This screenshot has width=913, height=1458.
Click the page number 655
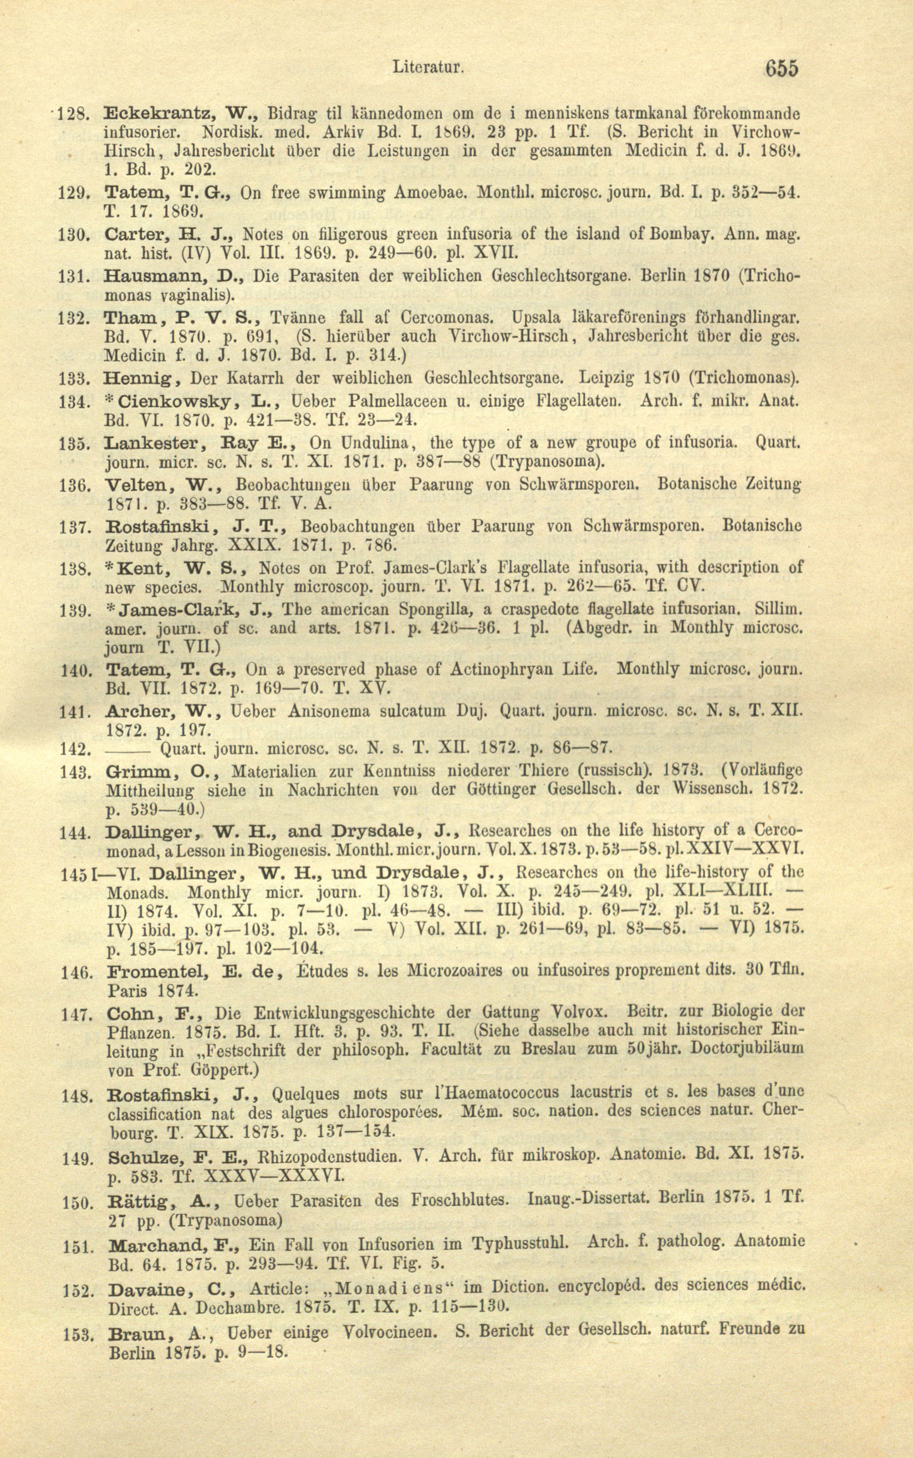tap(781, 68)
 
